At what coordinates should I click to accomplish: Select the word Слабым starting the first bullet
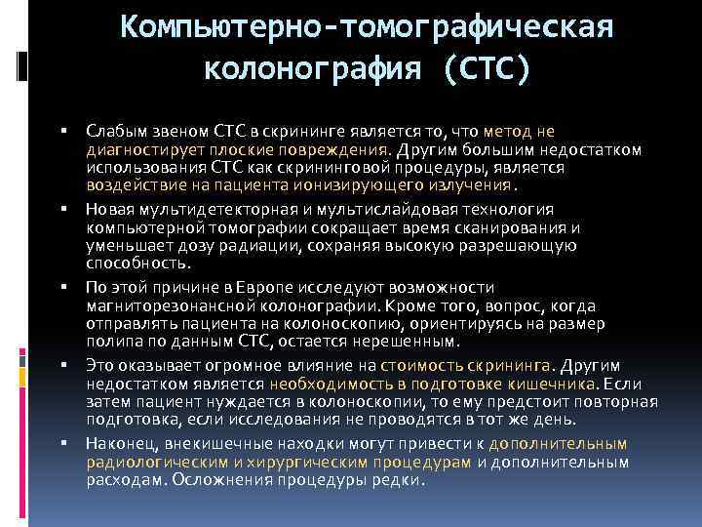pos(115,130)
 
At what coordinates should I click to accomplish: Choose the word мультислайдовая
pos(395,209)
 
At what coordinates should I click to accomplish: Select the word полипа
pos(110,342)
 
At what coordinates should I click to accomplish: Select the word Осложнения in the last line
pos(214,480)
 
